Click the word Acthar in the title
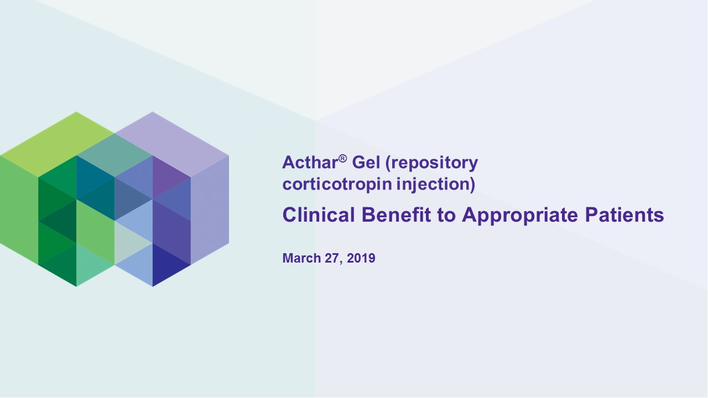coord(310,163)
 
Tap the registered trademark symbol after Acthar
coord(342,158)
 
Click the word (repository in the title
coord(432,163)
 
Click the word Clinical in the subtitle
coord(319,215)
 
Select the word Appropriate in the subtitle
coord(520,216)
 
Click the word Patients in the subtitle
coord(624,215)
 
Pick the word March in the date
coord(302,258)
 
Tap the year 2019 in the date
coord(361,258)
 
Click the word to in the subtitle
coord(446,216)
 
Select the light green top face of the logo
coord(57,144)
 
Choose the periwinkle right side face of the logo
coord(210,210)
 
